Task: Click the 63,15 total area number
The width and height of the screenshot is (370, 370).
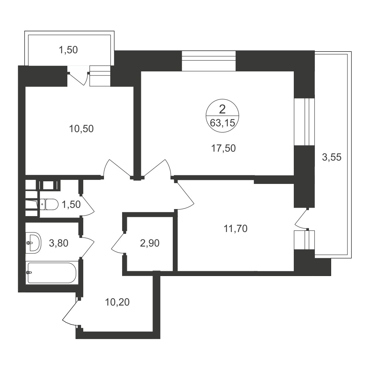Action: point(222,123)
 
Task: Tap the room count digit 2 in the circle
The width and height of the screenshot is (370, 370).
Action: point(222,110)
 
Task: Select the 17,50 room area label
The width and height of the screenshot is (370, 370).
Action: point(223,148)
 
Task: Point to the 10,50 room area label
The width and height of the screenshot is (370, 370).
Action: point(81,129)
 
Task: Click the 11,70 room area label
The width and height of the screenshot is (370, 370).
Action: point(235,229)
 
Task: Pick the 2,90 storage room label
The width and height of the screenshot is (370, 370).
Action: point(149,243)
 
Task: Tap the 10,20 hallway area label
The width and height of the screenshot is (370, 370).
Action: point(117,302)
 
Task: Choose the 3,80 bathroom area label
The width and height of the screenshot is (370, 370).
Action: point(58,243)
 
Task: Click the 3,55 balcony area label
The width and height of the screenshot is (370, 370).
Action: point(332,157)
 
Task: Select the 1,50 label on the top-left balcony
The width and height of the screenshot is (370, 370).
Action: point(68,50)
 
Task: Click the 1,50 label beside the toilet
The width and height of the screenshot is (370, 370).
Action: point(71,204)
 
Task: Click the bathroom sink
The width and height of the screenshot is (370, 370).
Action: point(33,243)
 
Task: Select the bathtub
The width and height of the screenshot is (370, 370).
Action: point(52,273)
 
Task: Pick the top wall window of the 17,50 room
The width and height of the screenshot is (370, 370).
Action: point(209,61)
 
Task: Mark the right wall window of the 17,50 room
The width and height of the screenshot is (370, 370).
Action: point(304,122)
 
